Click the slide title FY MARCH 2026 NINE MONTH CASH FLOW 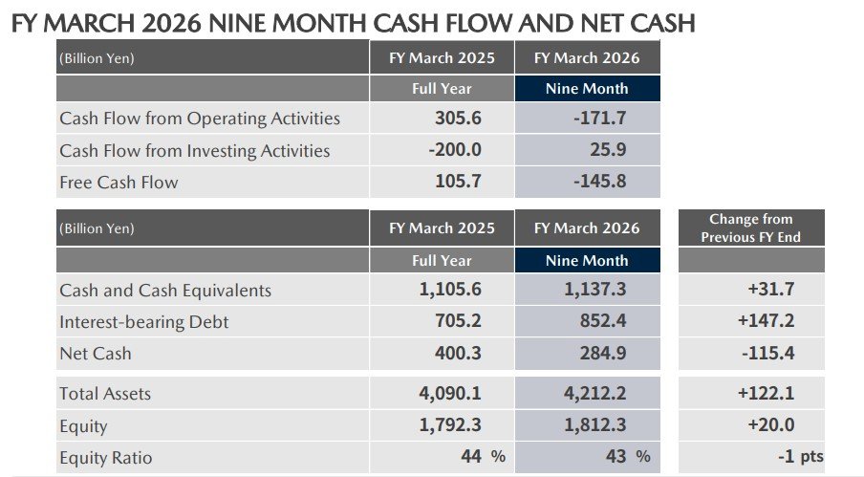pos(353,22)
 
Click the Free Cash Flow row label pos(119,182)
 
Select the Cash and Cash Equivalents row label pos(165,291)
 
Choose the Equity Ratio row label pos(104,457)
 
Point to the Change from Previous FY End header pos(750,228)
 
